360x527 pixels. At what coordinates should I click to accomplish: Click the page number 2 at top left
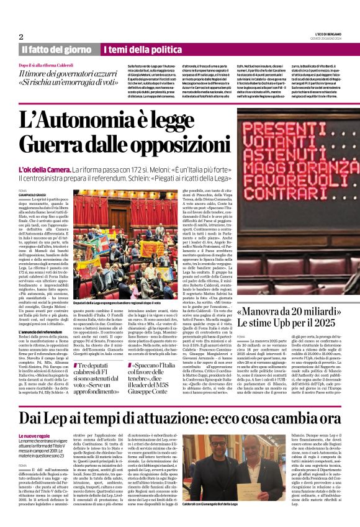pos(21,37)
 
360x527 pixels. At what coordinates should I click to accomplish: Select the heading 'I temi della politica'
pos(136,50)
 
